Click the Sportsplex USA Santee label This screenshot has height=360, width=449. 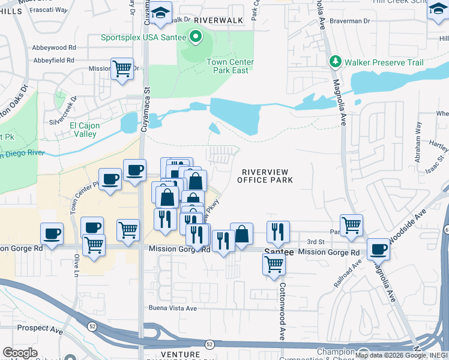click(143, 37)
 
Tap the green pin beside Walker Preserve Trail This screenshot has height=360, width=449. click(335, 62)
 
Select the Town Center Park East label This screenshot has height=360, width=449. click(230, 66)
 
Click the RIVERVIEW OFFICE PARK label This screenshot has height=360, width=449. click(265, 175)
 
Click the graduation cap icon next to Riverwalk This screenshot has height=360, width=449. click(160, 13)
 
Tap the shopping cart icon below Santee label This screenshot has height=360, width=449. click(274, 264)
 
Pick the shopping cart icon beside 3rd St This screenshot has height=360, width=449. click(352, 225)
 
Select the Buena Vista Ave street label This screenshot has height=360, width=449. click(172, 308)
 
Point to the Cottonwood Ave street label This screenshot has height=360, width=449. click(281, 311)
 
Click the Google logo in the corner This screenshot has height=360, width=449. click(20, 352)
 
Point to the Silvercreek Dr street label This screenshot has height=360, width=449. click(65, 108)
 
